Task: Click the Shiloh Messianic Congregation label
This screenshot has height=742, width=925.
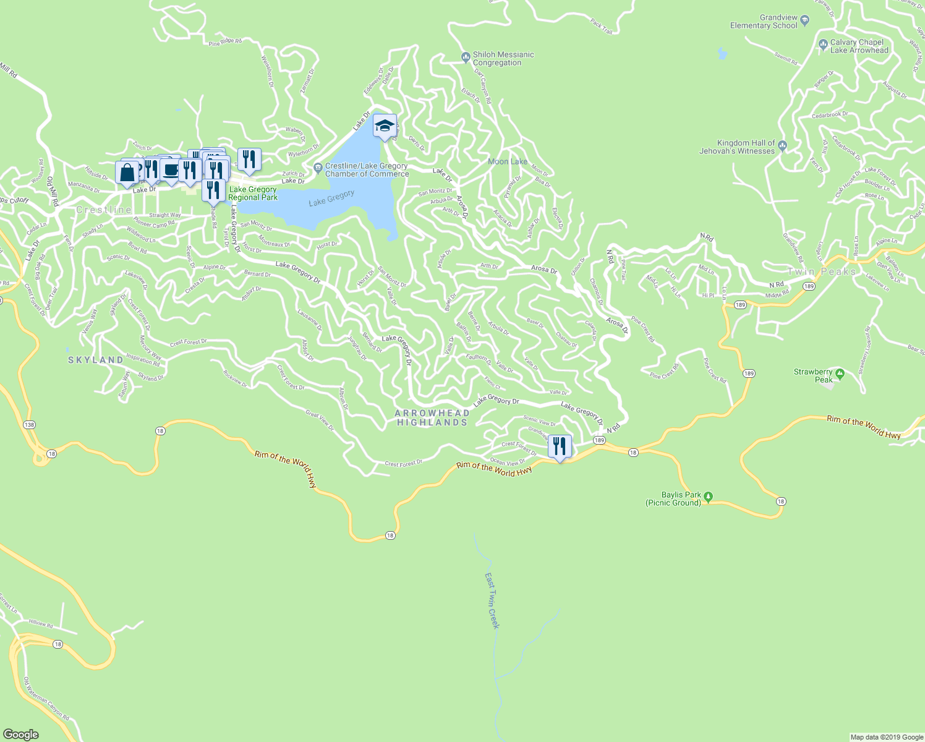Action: pyautogui.click(x=503, y=59)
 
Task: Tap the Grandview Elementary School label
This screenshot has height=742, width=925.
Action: pyautogui.click(x=764, y=22)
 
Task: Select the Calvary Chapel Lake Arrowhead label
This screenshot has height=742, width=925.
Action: pyautogui.click(x=859, y=46)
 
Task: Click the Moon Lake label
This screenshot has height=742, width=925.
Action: pyautogui.click(x=508, y=161)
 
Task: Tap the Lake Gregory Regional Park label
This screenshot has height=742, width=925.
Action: pyautogui.click(x=253, y=194)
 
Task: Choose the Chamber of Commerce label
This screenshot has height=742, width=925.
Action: pyautogui.click(x=367, y=170)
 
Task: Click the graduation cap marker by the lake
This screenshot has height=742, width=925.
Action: pyautogui.click(x=385, y=126)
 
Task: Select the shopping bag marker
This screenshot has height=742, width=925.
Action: pyautogui.click(x=127, y=173)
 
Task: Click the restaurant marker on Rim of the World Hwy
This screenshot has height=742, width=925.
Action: pyautogui.click(x=560, y=446)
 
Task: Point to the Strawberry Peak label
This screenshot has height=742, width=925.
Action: pyautogui.click(x=813, y=375)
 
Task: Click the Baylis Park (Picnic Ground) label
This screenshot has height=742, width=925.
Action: pyautogui.click(x=673, y=498)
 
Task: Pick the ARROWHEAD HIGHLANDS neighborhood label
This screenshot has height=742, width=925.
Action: pyautogui.click(x=432, y=417)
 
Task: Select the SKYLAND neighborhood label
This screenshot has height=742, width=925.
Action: pyautogui.click(x=95, y=360)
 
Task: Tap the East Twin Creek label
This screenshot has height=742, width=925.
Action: pyautogui.click(x=492, y=600)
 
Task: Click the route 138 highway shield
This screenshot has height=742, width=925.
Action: pyautogui.click(x=29, y=425)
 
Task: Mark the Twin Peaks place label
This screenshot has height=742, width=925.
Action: pyautogui.click(x=822, y=271)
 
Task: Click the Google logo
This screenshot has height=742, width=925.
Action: pyautogui.click(x=20, y=734)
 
